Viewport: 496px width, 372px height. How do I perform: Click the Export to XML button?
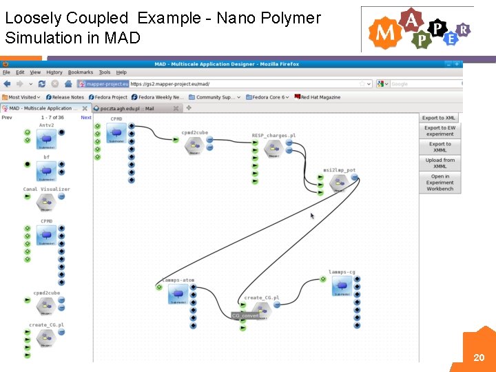pyautogui.click(x=439, y=118)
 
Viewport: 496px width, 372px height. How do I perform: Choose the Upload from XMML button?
pyautogui.click(x=440, y=163)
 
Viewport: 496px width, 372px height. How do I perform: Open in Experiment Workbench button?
pyautogui.click(x=440, y=182)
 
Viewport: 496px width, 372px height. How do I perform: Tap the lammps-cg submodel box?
pyautogui.click(x=342, y=287)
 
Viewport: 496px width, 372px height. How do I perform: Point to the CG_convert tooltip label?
pyautogui.click(x=245, y=316)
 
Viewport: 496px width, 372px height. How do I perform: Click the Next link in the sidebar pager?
pyautogui.click(x=86, y=118)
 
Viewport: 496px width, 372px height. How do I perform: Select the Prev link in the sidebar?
pyautogui.click(x=7, y=118)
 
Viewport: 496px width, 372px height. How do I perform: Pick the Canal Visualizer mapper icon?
pyautogui.click(x=46, y=200)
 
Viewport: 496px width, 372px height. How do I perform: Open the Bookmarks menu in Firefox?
pyautogui.click(x=81, y=72)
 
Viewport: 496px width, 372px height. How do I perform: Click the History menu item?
pyautogui.click(x=54, y=72)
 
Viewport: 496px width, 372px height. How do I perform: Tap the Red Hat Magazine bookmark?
pyautogui.click(x=320, y=97)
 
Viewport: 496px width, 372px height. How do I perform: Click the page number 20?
pyautogui.click(x=479, y=358)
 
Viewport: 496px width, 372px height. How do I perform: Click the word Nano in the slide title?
pyautogui.click(x=234, y=18)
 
